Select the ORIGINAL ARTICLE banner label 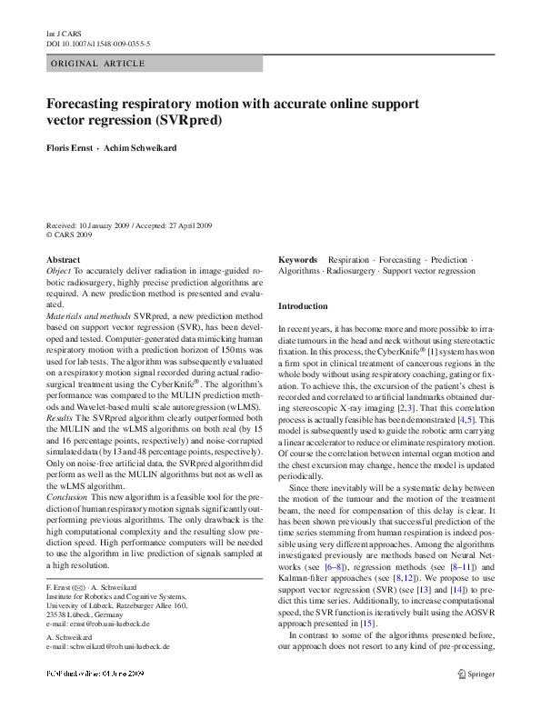tap(98, 64)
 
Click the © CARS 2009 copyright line tap(69, 235)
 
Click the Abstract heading tap(63, 260)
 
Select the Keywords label tap(298, 260)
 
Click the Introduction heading tap(303, 306)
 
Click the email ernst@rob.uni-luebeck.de tap(103, 624)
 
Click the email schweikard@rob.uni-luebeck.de tap(113, 646)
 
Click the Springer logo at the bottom tap(476, 674)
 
